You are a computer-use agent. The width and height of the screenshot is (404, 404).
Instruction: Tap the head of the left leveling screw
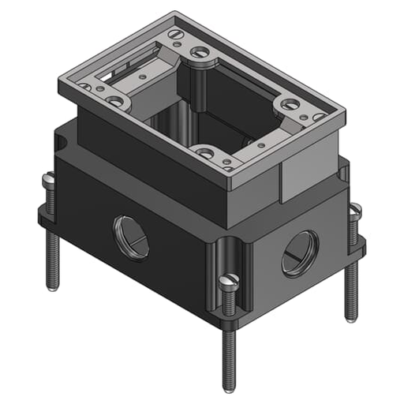pos(49,181)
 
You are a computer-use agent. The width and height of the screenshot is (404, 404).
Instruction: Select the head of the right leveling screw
pos(355,211)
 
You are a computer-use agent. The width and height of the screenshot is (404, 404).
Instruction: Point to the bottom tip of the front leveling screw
pos(228,387)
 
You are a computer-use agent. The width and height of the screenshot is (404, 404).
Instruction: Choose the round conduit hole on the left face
pos(131,237)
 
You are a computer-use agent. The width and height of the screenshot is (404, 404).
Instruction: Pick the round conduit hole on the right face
pos(300,252)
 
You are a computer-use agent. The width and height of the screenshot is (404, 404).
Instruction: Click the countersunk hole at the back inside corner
pos(200,53)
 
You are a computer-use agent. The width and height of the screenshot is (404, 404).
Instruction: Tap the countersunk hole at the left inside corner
pos(116,101)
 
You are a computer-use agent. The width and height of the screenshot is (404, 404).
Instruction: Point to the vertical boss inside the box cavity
pos(199,87)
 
